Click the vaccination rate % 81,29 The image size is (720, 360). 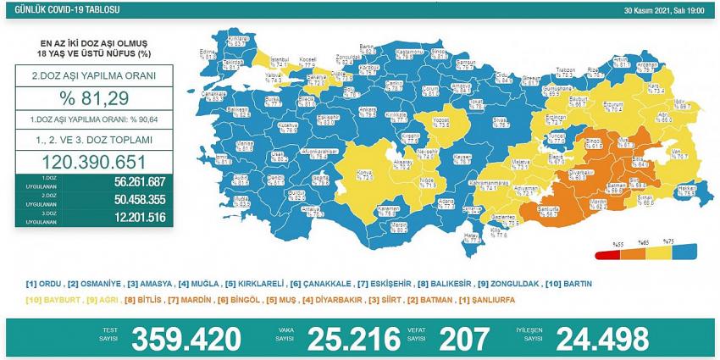[94, 102]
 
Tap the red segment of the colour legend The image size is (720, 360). [608, 253]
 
